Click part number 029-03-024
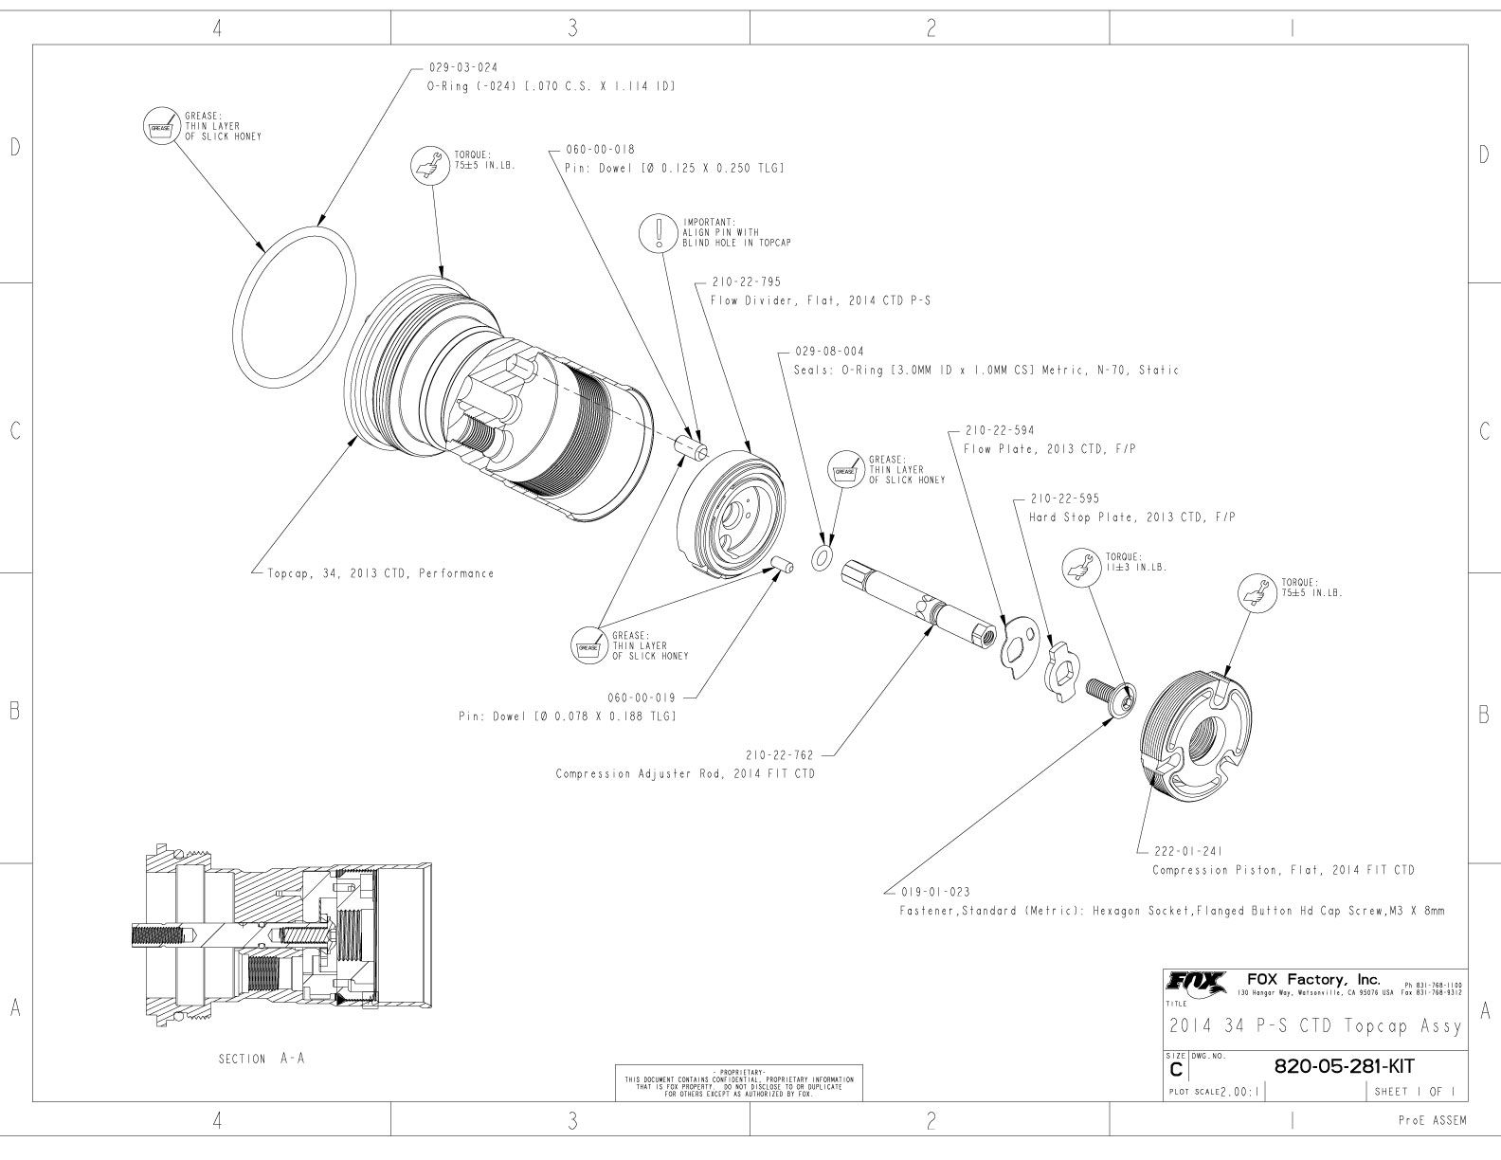[462, 67]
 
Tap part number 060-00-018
[600, 150]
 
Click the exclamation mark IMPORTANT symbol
[657, 232]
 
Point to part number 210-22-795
[745, 282]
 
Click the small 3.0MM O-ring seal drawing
[822, 558]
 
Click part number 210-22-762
[780, 755]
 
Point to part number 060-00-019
[642, 697]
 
